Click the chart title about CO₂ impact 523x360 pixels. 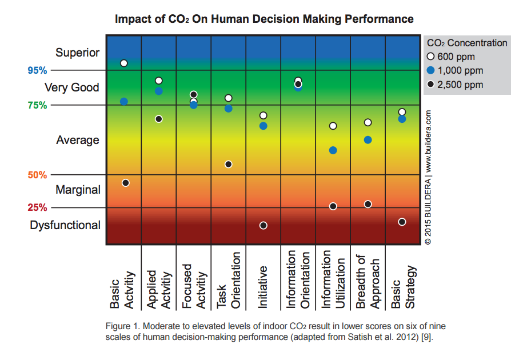(264, 19)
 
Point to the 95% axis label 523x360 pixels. (37, 70)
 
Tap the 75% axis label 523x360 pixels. (37, 105)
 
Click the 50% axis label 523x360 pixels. (37, 175)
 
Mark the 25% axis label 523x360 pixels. (37, 207)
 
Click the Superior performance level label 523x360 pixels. (77, 53)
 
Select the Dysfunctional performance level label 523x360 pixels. (65, 225)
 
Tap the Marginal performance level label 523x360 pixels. (78, 190)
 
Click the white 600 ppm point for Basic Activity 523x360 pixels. (124, 63)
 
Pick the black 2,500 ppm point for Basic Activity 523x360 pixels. (126, 183)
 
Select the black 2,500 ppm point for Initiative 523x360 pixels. (264, 226)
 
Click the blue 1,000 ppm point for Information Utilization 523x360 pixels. (333, 150)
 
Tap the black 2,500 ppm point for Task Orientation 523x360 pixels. (229, 165)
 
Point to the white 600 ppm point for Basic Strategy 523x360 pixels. (402, 112)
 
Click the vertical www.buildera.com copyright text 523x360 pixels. (428, 177)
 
